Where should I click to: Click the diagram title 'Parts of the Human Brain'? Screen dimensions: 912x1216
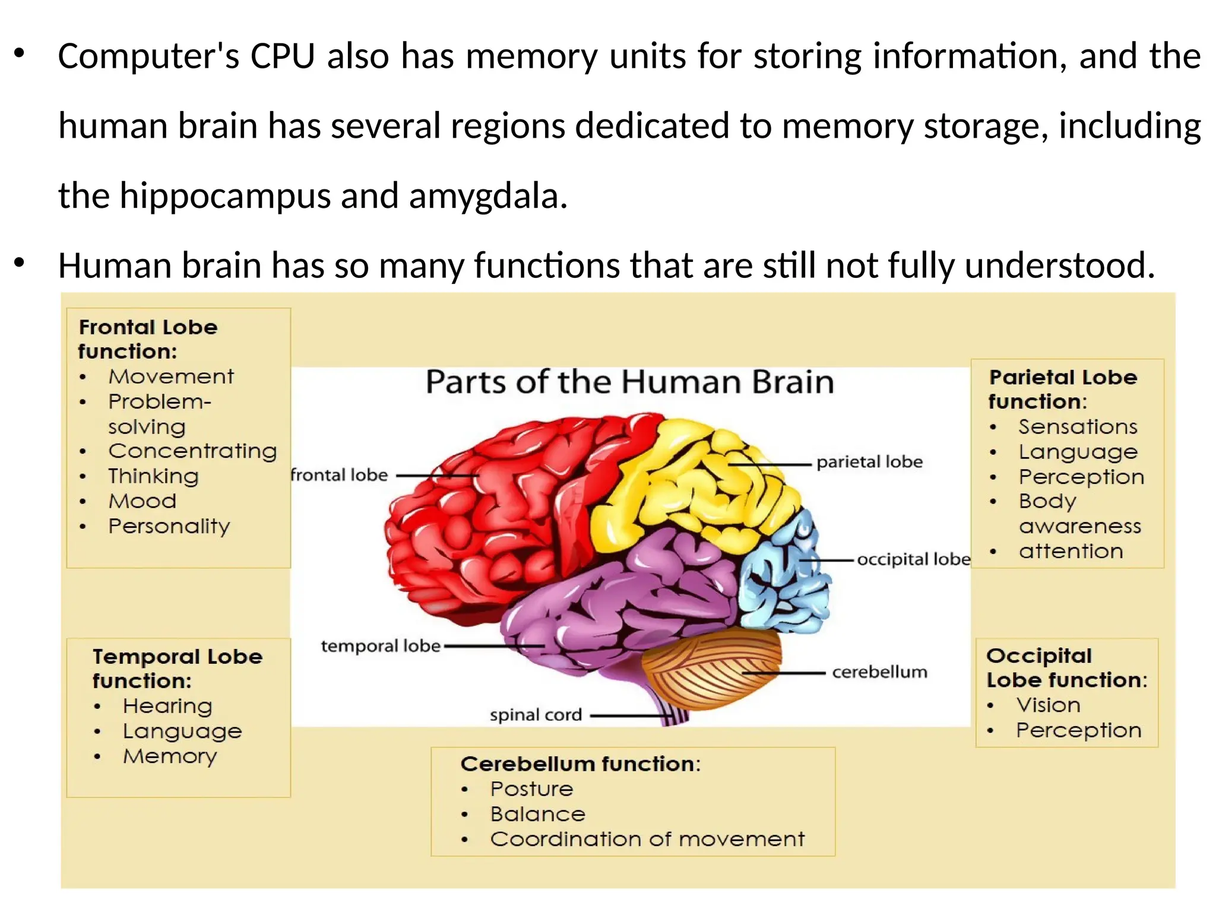[630, 382]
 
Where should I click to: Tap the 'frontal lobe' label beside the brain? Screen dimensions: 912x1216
[339, 475]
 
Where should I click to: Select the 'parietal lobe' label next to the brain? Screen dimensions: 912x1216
[869, 462]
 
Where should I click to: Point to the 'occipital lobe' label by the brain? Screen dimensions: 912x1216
[913, 559]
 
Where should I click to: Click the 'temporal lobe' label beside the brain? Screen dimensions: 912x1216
[381, 646]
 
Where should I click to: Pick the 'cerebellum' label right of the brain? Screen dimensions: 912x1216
[879, 672]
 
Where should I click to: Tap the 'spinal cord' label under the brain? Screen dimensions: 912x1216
[536, 715]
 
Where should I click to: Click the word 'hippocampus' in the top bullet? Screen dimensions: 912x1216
[225, 195]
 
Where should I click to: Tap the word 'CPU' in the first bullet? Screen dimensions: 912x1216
[283, 56]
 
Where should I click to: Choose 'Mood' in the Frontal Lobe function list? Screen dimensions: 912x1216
[142, 501]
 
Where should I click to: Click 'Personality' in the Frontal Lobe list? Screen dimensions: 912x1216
[169, 527]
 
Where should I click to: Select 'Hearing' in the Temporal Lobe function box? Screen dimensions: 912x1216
[167, 706]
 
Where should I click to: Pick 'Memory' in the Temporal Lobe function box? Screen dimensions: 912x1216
[170, 756]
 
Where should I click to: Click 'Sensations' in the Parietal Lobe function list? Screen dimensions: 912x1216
[1078, 427]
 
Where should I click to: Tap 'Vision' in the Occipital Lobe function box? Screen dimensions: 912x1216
[1048, 705]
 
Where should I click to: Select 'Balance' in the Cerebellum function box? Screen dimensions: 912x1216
[538, 814]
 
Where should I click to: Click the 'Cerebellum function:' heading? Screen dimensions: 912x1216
[580, 764]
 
